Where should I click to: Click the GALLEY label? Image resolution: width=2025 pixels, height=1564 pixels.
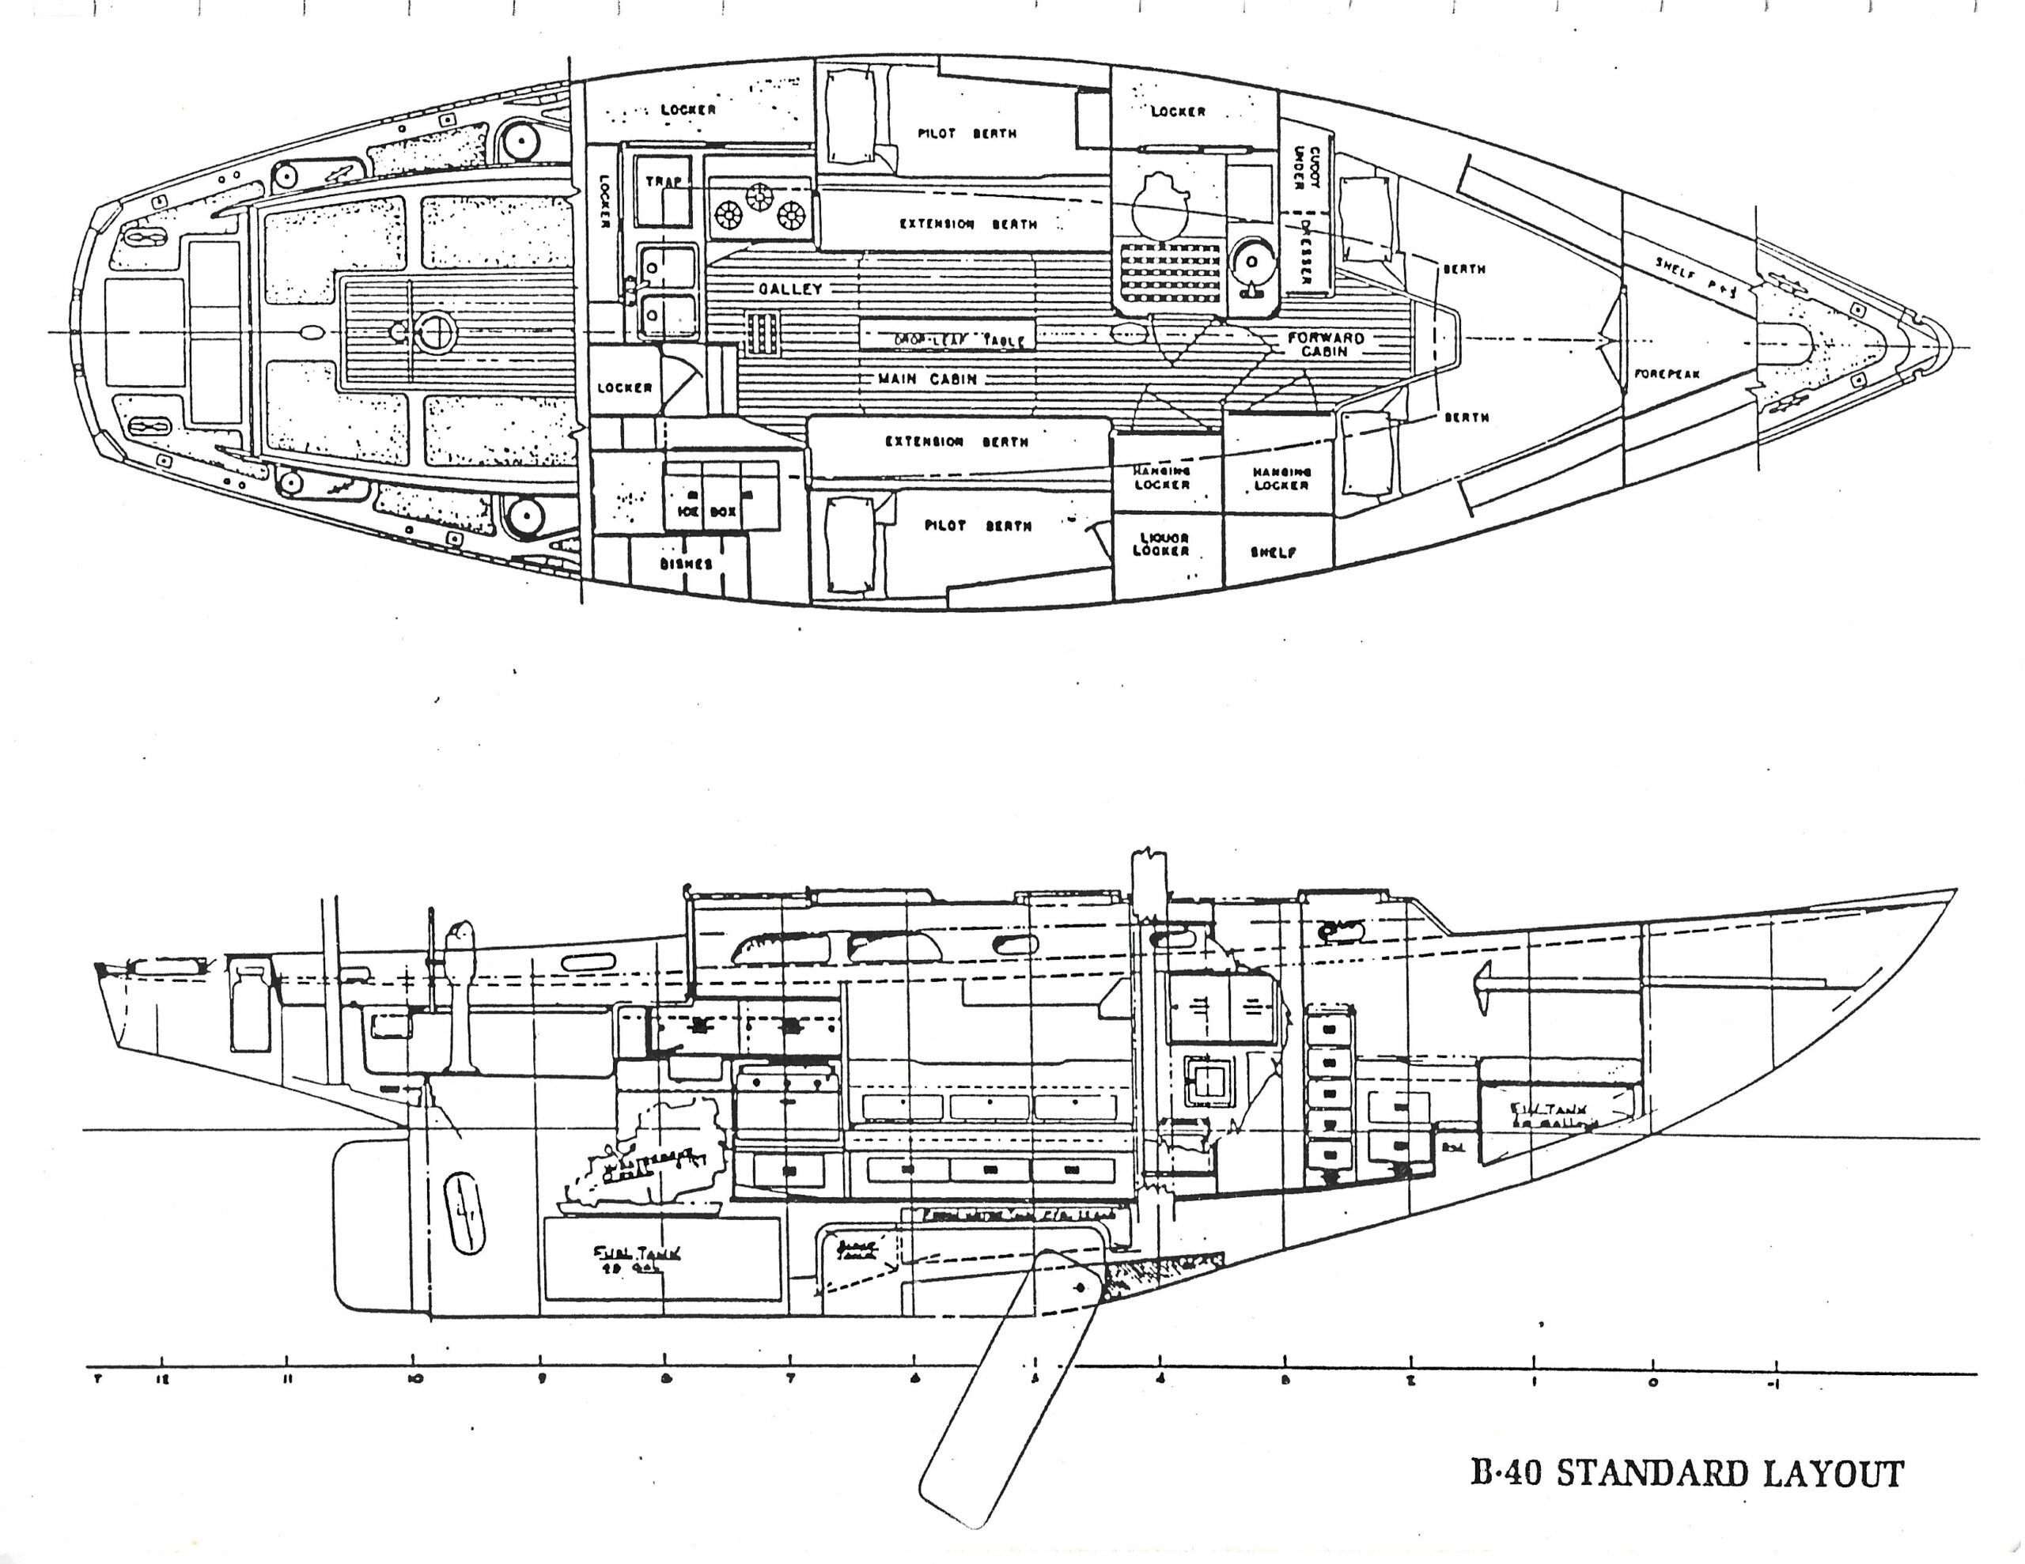tap(791, 289)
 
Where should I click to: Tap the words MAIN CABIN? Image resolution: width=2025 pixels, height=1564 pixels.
tap(927, 380)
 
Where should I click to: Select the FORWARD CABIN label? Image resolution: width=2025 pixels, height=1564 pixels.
tap(1326, 344)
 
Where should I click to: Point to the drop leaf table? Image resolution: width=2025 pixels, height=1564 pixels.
tap(946, 338)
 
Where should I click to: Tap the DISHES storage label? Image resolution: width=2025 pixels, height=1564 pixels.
tap(687, 564)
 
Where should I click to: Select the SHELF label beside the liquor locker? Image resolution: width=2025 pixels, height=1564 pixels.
tap(1273, 553)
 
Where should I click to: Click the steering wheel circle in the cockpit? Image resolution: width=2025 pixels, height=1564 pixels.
tap(434, 331)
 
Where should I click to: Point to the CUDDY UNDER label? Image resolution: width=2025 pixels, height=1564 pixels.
tap(1308, 168)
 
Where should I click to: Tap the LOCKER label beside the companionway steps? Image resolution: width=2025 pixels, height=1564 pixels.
tap(624, 387)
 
